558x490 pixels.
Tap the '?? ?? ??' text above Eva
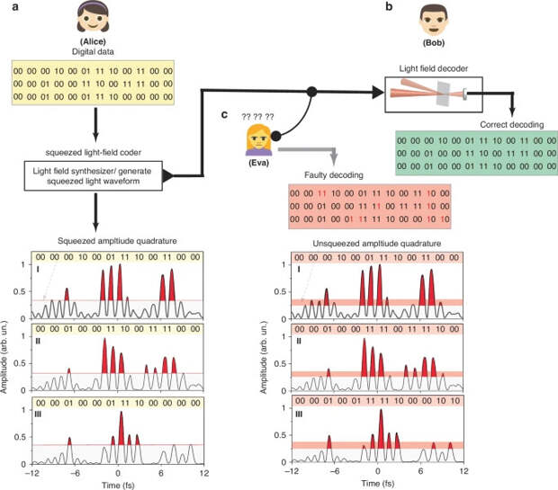[256, 116]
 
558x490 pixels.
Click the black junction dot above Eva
[311, 91]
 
